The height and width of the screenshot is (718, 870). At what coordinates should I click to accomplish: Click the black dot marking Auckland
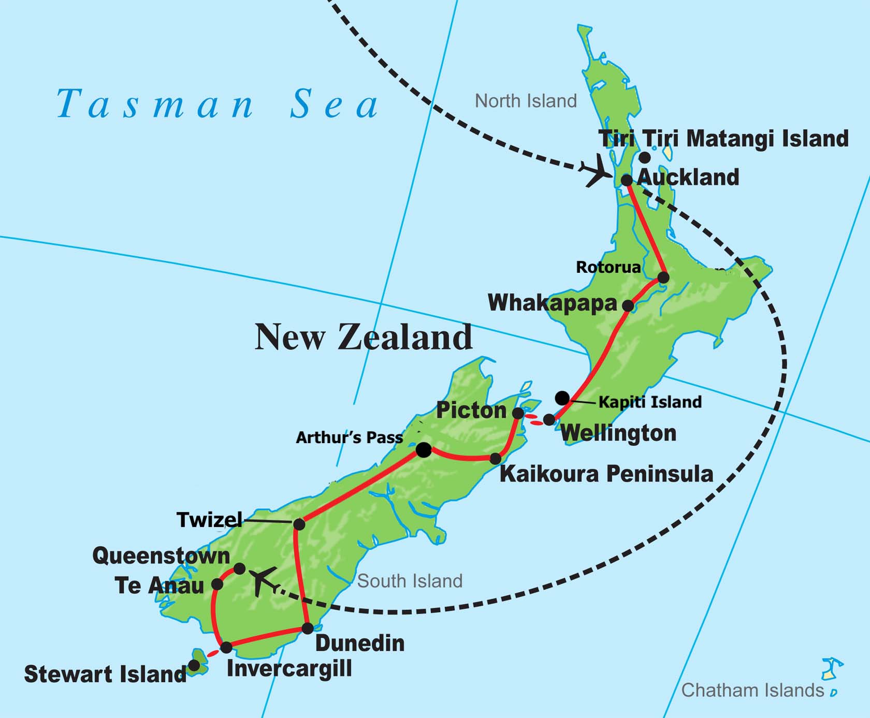click(x=627, y=180)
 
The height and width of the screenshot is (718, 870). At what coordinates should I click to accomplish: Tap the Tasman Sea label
click(x=218, y=104)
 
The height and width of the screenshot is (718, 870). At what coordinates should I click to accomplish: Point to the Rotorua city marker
click(x=663, y=278)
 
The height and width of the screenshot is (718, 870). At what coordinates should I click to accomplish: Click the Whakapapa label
click(x=553, y=303)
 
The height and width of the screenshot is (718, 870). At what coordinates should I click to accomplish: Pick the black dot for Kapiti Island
click(x=562, y=398)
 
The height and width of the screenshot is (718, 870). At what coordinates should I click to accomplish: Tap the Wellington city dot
click(x=549, y=419)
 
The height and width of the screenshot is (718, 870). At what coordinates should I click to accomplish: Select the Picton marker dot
click(x=518, y=413)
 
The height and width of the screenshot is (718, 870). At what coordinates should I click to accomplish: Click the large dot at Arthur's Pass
click(x=424, y=450)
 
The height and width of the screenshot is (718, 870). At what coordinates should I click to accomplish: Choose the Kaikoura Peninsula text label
click(x=606, y=474)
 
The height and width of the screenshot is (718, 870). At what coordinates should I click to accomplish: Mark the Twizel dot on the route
click(x=299, y=524)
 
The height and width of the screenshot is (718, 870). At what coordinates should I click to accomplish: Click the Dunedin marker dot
click(x=308, y=628)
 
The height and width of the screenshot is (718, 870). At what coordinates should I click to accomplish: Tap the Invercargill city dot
click(x=226, y=647)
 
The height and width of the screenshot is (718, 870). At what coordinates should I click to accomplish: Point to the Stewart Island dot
click(x=194, y=666)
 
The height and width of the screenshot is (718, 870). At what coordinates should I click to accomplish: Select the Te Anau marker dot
click(x=218, y=584)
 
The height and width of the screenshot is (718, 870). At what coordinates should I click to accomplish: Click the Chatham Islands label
click(x=752, y=690)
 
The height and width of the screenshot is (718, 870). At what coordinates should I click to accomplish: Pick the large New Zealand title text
click(x=363, y=337)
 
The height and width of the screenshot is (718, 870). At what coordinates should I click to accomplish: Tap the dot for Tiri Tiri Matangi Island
click(x=645, y=157)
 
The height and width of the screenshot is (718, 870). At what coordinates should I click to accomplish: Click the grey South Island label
click(x=410, y=581)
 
